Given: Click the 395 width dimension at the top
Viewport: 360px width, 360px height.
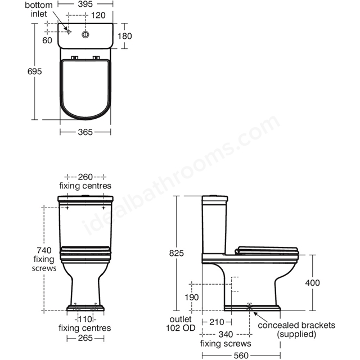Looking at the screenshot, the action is [85, 4].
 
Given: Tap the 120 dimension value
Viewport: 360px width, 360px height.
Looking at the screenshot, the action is [98, 15].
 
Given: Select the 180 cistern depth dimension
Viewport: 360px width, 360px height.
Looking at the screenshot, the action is [125, 36].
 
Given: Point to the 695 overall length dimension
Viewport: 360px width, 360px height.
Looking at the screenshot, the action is [35, 71].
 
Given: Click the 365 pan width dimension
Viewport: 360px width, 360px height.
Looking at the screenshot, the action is [85, 132].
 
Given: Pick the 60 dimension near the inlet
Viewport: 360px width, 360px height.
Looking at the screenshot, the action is [47, 40].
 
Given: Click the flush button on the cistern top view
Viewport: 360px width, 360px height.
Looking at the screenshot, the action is [85, 35].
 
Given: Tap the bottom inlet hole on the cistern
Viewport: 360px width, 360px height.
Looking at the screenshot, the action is [69, 31].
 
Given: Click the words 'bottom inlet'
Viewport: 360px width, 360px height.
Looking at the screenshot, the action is [39, 10].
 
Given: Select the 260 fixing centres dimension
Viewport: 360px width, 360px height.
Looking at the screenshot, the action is [85, 177].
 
